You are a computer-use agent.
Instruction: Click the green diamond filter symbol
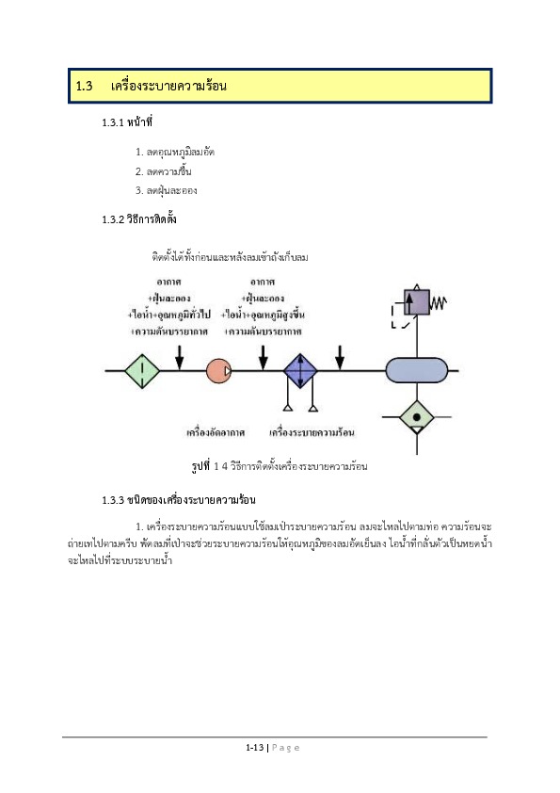pos(142,371)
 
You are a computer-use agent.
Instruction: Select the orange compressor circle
pos(219,371)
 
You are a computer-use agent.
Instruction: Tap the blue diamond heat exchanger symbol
pos(300,371)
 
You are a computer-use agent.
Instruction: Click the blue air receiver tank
pos(417,371)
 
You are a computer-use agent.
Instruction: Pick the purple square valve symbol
pos(416,302)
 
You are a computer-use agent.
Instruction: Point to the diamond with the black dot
pos(416,417)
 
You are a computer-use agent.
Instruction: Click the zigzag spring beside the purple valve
pos(439,303)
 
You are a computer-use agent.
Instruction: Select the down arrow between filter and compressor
pos(180,358)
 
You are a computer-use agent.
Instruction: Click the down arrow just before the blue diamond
pos(264,358)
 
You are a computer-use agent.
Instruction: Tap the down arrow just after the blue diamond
pos(340,358)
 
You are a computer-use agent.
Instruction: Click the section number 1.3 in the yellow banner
pos(84,86)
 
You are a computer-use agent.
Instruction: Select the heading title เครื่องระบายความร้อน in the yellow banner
pos(168,86)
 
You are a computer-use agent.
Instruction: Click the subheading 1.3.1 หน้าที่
pos(127,121)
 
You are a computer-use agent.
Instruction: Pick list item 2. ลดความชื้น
pos(163,171)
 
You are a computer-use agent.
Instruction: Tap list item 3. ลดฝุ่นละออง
pos(167,190)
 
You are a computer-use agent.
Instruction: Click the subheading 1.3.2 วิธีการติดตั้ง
pos(139,219)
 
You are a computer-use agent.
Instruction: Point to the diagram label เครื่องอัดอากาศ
pos(216,432)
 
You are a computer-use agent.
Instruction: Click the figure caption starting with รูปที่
pos(280,466)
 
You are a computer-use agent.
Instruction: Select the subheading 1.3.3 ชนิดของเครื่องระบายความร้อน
pos(179,500)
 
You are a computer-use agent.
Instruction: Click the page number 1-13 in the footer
pos(255,747)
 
